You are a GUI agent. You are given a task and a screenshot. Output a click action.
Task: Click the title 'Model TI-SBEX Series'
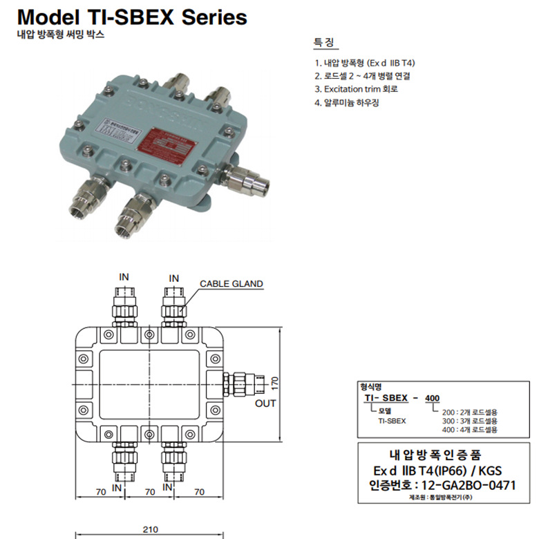coord(132,17)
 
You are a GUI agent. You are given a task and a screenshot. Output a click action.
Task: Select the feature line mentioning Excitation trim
coord(356,89)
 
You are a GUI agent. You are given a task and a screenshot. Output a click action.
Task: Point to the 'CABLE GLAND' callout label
coord(231,283)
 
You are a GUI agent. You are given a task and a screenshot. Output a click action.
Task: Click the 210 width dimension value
coord(150,529)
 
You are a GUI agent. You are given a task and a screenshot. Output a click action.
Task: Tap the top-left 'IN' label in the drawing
coord(124,277)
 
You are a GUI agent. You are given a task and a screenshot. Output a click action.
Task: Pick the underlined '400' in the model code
coord(433,399)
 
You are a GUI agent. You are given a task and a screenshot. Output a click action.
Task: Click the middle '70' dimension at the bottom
coord(149,492)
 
